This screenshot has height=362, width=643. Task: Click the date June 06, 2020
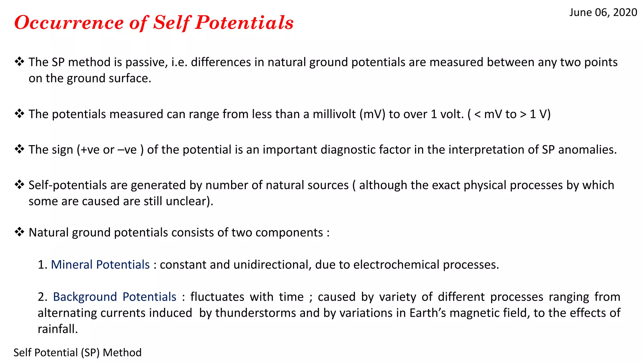[603, 13]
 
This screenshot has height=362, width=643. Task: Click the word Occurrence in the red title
[69, 23]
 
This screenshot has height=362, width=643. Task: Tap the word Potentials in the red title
[244, 23]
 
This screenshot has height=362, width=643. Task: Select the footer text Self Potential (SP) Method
[78, 353]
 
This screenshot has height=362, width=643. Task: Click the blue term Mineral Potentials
[100, 265]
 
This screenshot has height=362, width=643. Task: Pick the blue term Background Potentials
[115, 297]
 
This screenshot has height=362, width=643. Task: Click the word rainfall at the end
[57, 329]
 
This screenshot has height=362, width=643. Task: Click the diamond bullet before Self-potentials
[19, 185]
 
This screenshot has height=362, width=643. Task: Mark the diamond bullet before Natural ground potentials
[19, 232]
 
